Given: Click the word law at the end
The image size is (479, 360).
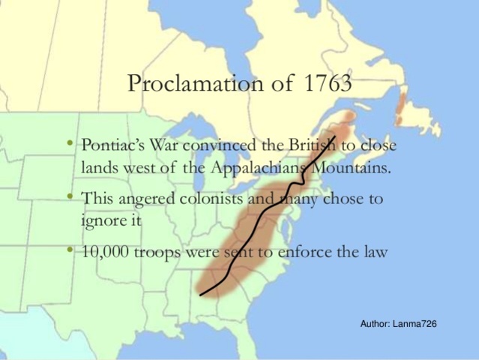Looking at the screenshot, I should [375, 253].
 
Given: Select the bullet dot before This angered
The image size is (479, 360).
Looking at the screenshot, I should [69, 199].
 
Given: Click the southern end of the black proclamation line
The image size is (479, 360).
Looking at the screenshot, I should [201, 294].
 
